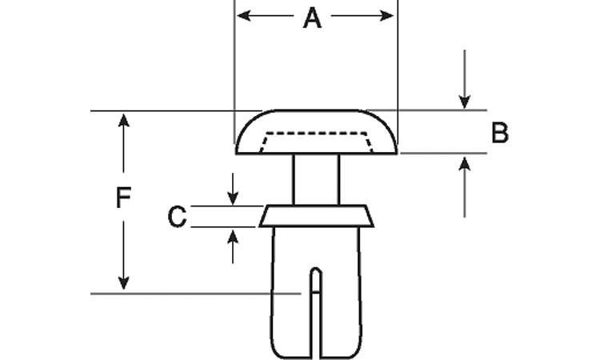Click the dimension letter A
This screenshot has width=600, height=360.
pos(312,18)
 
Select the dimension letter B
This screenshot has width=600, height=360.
pos(499,133)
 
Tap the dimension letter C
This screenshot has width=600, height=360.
pos(177,216)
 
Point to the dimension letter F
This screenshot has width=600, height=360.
pos(122,198)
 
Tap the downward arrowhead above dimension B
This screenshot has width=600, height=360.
pos(465,102)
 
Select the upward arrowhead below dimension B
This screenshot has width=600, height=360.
pos(465,162)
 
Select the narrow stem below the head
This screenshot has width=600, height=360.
pos(316,179)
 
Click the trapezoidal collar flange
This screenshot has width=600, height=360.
pos(316,216)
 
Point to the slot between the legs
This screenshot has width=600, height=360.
pos(316,320)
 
